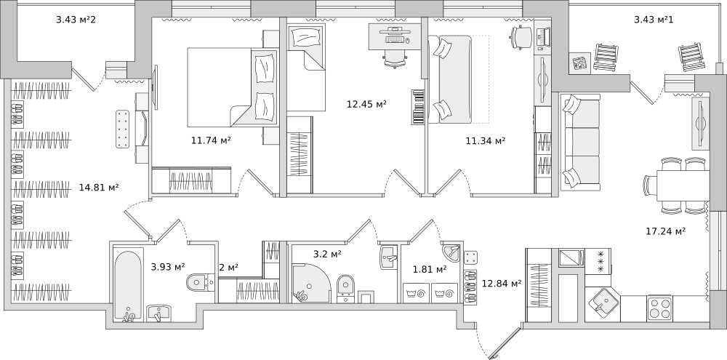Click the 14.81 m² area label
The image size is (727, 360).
(99, 188)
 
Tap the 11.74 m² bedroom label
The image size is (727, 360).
(211, 140)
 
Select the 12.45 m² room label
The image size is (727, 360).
(366, 103)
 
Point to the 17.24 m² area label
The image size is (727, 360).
(666, 231)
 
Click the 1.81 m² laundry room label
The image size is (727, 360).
(430, 268)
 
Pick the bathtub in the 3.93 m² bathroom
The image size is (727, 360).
(128, 285)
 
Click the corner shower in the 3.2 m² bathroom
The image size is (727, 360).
(311, 283)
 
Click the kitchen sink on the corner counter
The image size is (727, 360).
(601, 304)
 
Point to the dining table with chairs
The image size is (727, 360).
(676, 185)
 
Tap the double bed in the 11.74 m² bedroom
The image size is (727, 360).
(233, 87)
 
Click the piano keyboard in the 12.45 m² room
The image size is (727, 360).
(418, 107)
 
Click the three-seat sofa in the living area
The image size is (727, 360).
(580, 142)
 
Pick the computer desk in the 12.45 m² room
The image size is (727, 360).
(395, 36)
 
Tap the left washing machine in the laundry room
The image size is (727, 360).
(416, 293)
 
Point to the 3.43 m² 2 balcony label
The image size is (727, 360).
(76, 20)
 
